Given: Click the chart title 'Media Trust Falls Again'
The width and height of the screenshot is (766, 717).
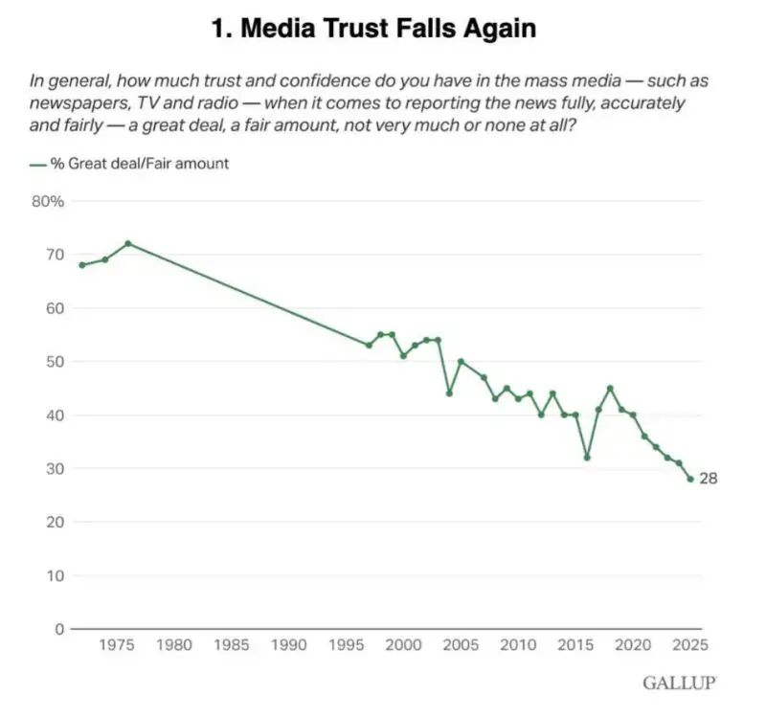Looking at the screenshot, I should click(373, 29).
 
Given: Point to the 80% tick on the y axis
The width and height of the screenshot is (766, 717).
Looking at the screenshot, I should click(48, 201).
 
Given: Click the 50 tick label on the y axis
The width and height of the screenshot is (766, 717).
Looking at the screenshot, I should click(55, 362).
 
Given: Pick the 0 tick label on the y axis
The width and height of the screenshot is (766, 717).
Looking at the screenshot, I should click(58, 629).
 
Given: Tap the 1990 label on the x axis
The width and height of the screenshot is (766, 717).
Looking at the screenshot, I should click(289, 645).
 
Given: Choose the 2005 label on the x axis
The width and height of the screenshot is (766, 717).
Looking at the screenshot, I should click(461, 645).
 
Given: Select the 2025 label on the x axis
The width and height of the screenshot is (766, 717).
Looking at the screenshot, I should click(690, 645).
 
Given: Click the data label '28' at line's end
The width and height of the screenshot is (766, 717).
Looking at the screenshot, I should click(709, 479).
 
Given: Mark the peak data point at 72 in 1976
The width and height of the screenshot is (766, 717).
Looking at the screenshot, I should click(127, 243).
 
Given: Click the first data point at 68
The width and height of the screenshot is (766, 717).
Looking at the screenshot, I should click(81, 265).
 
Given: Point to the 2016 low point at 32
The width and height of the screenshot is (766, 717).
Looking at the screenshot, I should click(587, 458).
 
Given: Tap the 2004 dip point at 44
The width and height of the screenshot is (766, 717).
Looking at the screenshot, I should click(449, 393).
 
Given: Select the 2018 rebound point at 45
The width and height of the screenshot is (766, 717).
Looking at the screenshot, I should click(610, 388).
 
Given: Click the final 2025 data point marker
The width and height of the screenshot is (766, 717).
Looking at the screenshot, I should click(690, 479).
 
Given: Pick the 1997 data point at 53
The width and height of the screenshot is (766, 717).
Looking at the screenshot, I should click(369, 346).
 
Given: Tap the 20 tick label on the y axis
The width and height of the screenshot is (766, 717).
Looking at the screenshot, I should click(55, 522).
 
